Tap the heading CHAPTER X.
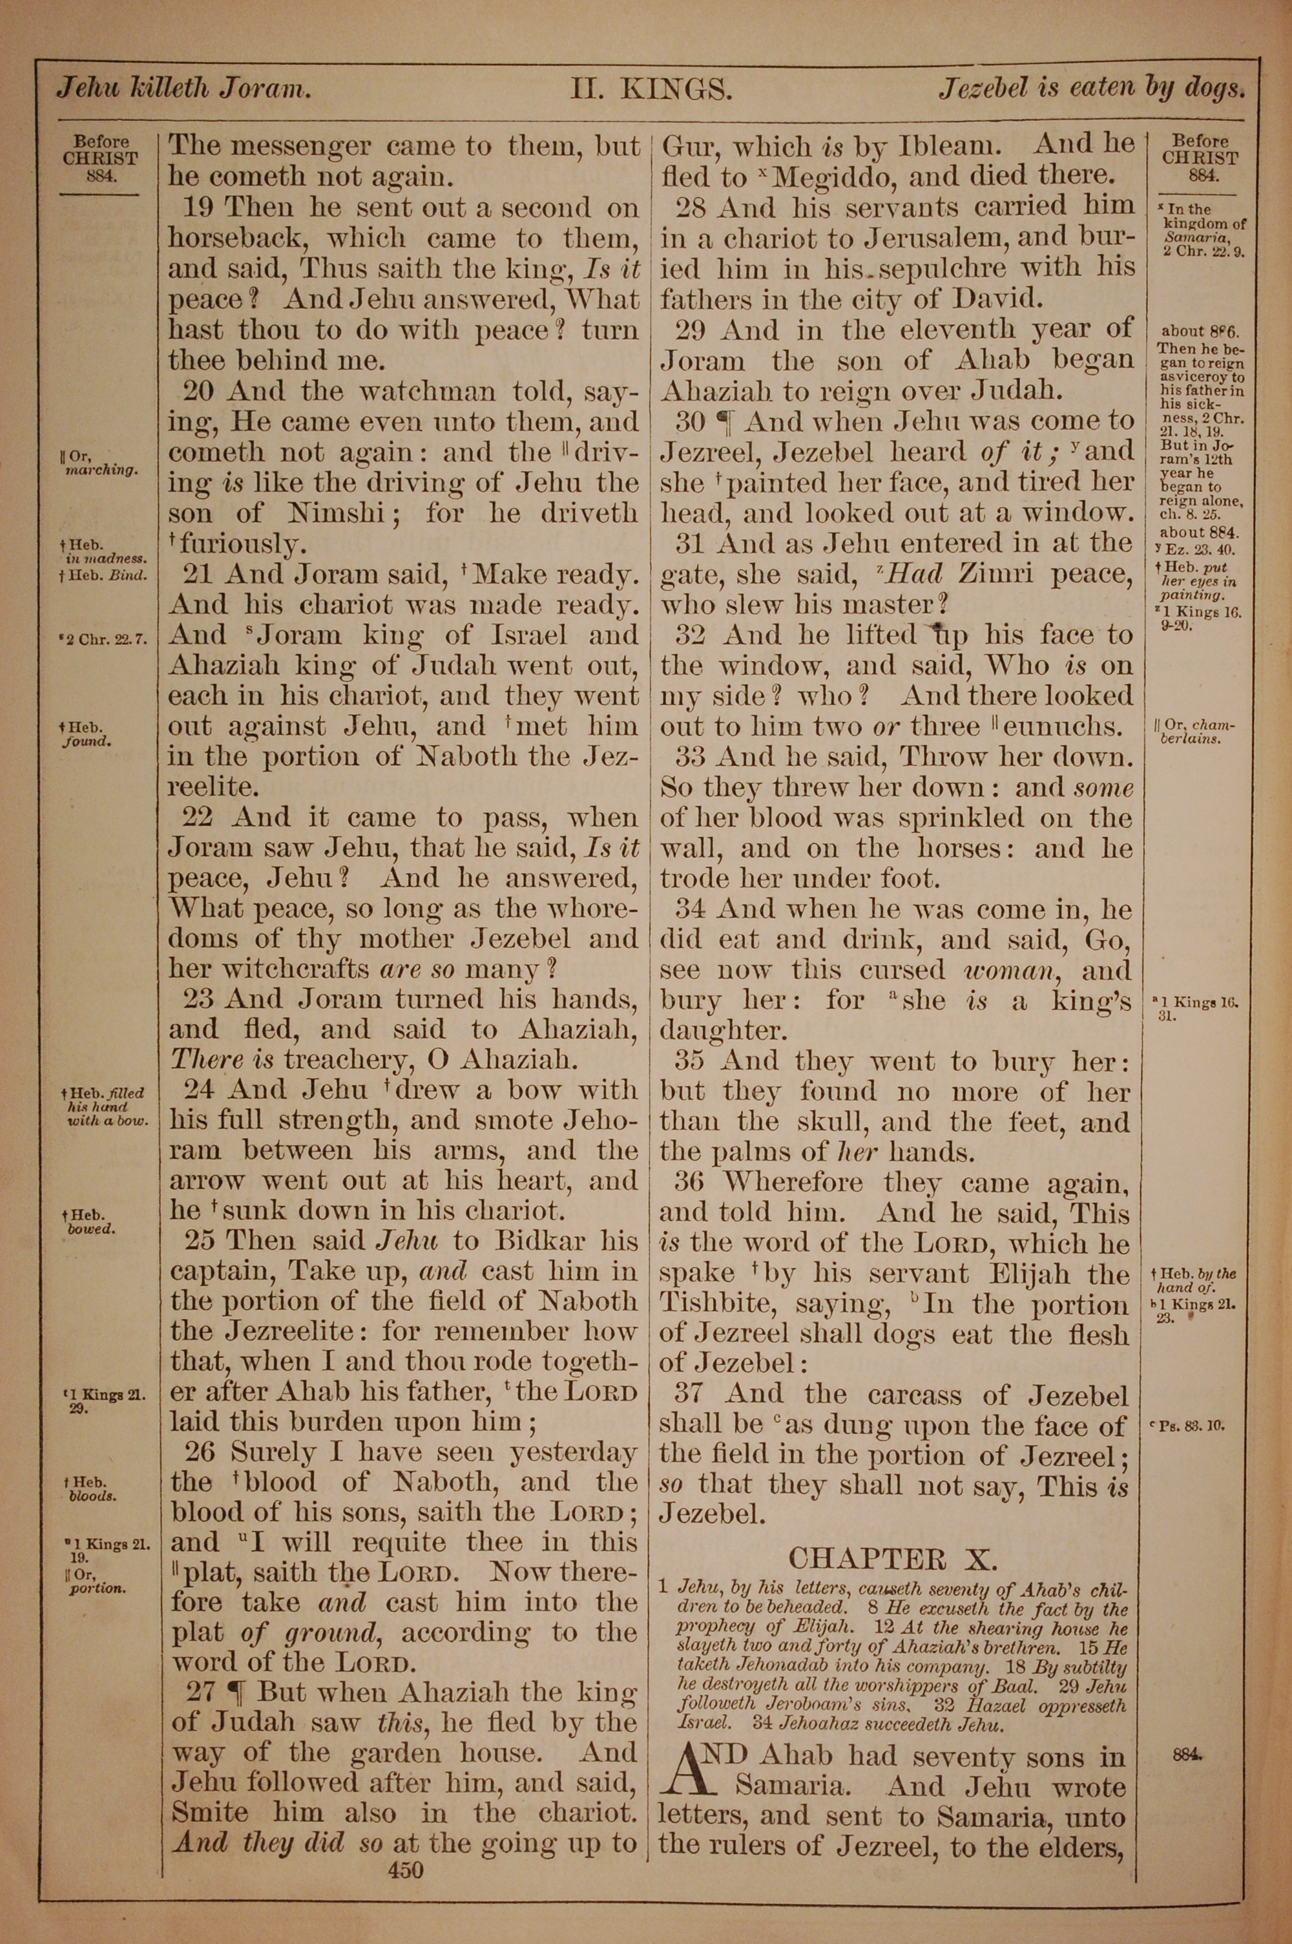[892, 1558]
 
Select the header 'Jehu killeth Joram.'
[183, 88]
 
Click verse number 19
[200, 207]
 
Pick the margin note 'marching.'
[101, 471]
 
